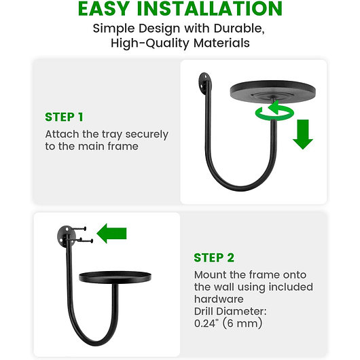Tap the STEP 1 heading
coord(65,116)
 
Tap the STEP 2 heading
coord(214,257)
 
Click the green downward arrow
coord(303,134)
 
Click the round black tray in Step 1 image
coord(272,90)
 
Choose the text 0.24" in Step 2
coord(209,323)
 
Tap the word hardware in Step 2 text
coord(219,299)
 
